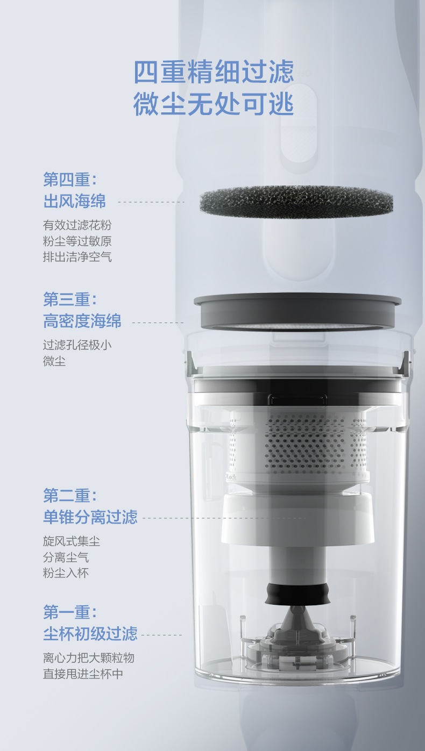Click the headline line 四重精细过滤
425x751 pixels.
point(214,71)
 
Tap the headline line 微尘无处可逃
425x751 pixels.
point(214,104)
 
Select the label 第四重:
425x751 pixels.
point(70,180)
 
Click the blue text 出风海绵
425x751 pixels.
point(74,201)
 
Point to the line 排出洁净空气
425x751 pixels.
point(77,257)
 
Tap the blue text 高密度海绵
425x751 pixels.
point(82,321)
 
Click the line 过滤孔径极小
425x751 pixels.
point(77,345)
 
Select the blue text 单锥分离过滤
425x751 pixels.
point(90,517)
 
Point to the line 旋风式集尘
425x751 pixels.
point(72,541)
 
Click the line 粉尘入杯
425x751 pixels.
point(66,573)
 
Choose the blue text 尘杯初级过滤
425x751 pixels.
point(90,634)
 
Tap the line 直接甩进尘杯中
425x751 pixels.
point(83,674)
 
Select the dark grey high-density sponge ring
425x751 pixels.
point(297,312)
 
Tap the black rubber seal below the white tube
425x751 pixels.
point(297,594)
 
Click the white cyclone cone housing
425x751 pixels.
point(297,518)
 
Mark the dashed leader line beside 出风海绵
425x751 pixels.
point(151,202)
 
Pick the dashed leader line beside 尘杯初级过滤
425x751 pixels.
point(162,635)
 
